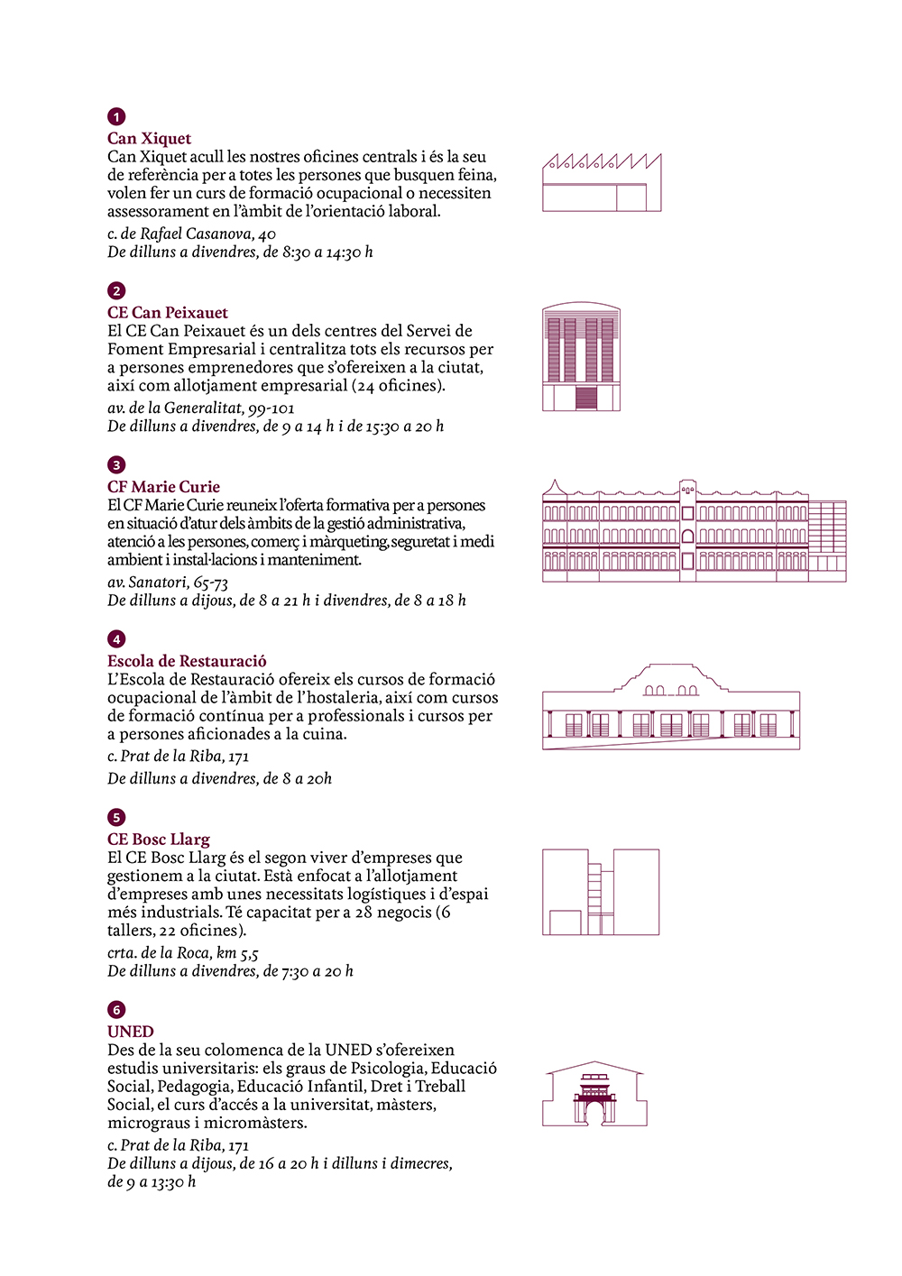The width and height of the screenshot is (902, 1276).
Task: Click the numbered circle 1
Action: [x=116, y=117]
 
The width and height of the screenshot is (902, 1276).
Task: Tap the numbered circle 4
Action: [x=116, y=639]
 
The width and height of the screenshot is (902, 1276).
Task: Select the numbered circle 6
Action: [x=116, y=1010]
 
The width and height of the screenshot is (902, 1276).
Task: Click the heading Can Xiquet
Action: [x=149, y=138]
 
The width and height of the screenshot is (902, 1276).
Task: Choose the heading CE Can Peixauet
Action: [x=168, y=312]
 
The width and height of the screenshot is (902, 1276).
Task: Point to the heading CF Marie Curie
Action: [x=163, y=486]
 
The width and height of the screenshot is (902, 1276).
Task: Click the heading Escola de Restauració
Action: [x=187, y=660]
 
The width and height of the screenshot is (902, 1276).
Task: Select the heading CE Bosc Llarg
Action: [x=159, y=839]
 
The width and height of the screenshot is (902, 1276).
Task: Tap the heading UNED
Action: [x=131, y=1031]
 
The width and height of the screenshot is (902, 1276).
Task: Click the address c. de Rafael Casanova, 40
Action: [x=191, y=234]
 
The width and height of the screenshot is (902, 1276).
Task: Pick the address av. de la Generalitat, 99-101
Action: [x=201, y=408]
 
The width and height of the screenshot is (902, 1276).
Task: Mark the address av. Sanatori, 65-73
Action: [x=168, y=582]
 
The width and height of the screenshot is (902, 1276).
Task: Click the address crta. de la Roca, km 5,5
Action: [x=183, y=952]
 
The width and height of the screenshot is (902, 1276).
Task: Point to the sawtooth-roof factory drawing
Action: [x=602, y=183]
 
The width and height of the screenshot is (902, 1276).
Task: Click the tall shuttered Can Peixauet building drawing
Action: [x=582, y=357]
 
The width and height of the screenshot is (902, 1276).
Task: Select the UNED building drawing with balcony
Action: [x=595, y=1093]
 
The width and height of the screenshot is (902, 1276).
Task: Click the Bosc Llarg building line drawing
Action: [x=601, y=891]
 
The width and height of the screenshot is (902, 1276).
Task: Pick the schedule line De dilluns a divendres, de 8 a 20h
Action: [x=219, y=778]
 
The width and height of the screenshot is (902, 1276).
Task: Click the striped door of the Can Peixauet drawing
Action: [x=586, y=398]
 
